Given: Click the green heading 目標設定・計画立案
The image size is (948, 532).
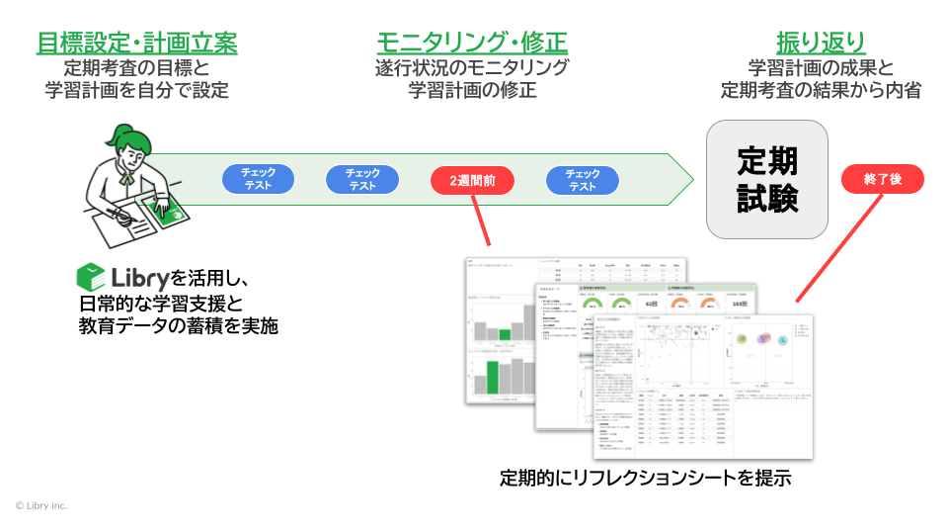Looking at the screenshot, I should pos(136,43).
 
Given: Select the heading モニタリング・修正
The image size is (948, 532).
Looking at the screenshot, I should pos(471,43).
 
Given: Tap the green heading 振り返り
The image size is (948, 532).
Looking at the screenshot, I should pos(821,43).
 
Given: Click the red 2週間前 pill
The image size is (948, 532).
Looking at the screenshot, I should pos(472,181).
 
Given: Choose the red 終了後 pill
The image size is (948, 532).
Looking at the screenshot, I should pos(882,179).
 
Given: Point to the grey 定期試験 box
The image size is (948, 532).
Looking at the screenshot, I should pos(767,179).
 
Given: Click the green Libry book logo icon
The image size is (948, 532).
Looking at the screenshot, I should pos(91,276).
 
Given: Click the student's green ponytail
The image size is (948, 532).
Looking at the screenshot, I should pos(122,135).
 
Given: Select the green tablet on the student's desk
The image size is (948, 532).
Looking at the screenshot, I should pos(164,207).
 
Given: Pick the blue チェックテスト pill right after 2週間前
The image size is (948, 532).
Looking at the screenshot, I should pos(583,180).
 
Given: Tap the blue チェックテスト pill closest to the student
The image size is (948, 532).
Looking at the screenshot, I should pos(258,179).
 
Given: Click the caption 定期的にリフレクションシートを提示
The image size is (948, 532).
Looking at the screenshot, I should pos(646,479).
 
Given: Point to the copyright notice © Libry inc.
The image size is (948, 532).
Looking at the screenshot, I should pos(41,505).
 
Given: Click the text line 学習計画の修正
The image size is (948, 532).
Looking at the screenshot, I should pos(472,91).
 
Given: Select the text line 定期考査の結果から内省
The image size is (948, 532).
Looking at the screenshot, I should pos(821,91).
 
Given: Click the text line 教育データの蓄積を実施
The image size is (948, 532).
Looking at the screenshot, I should pos(178,325).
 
